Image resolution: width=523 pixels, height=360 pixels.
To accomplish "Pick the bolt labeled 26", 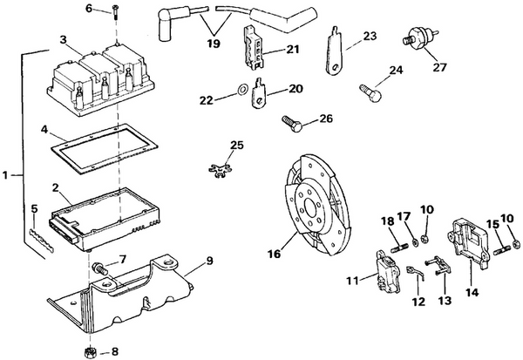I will point(291,123).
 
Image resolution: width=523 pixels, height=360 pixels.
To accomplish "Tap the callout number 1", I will point(6,175).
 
